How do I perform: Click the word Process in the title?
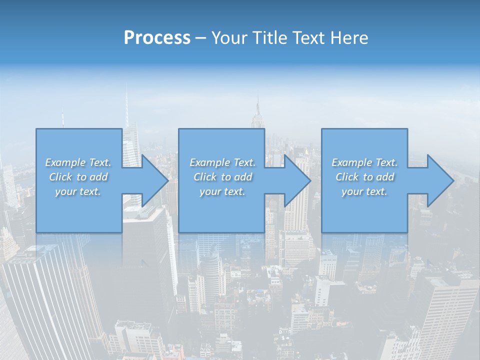point(157,38)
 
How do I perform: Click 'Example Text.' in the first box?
point(78,162)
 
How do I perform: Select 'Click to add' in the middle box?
point(222,177)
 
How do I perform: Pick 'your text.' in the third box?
point(364,191)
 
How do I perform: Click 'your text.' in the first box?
point(78,191)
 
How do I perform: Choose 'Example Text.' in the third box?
point(364,162)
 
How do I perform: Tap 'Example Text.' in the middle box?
point(222,162)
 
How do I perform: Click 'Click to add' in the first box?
point(78,177)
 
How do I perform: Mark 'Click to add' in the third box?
point(364,177)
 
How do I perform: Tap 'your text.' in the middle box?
point(222,191)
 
